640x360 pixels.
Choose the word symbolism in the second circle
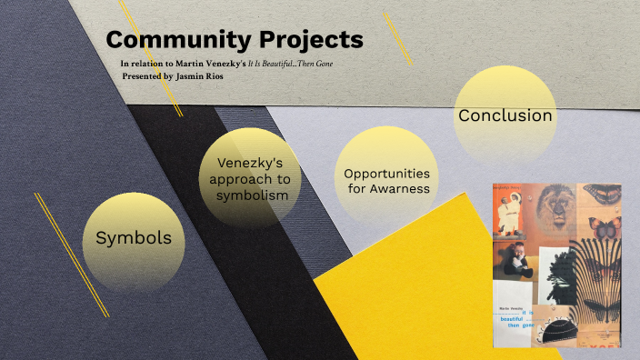(249, 195)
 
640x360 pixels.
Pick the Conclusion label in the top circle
(505, 115)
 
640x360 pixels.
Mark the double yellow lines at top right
(396, 37)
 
